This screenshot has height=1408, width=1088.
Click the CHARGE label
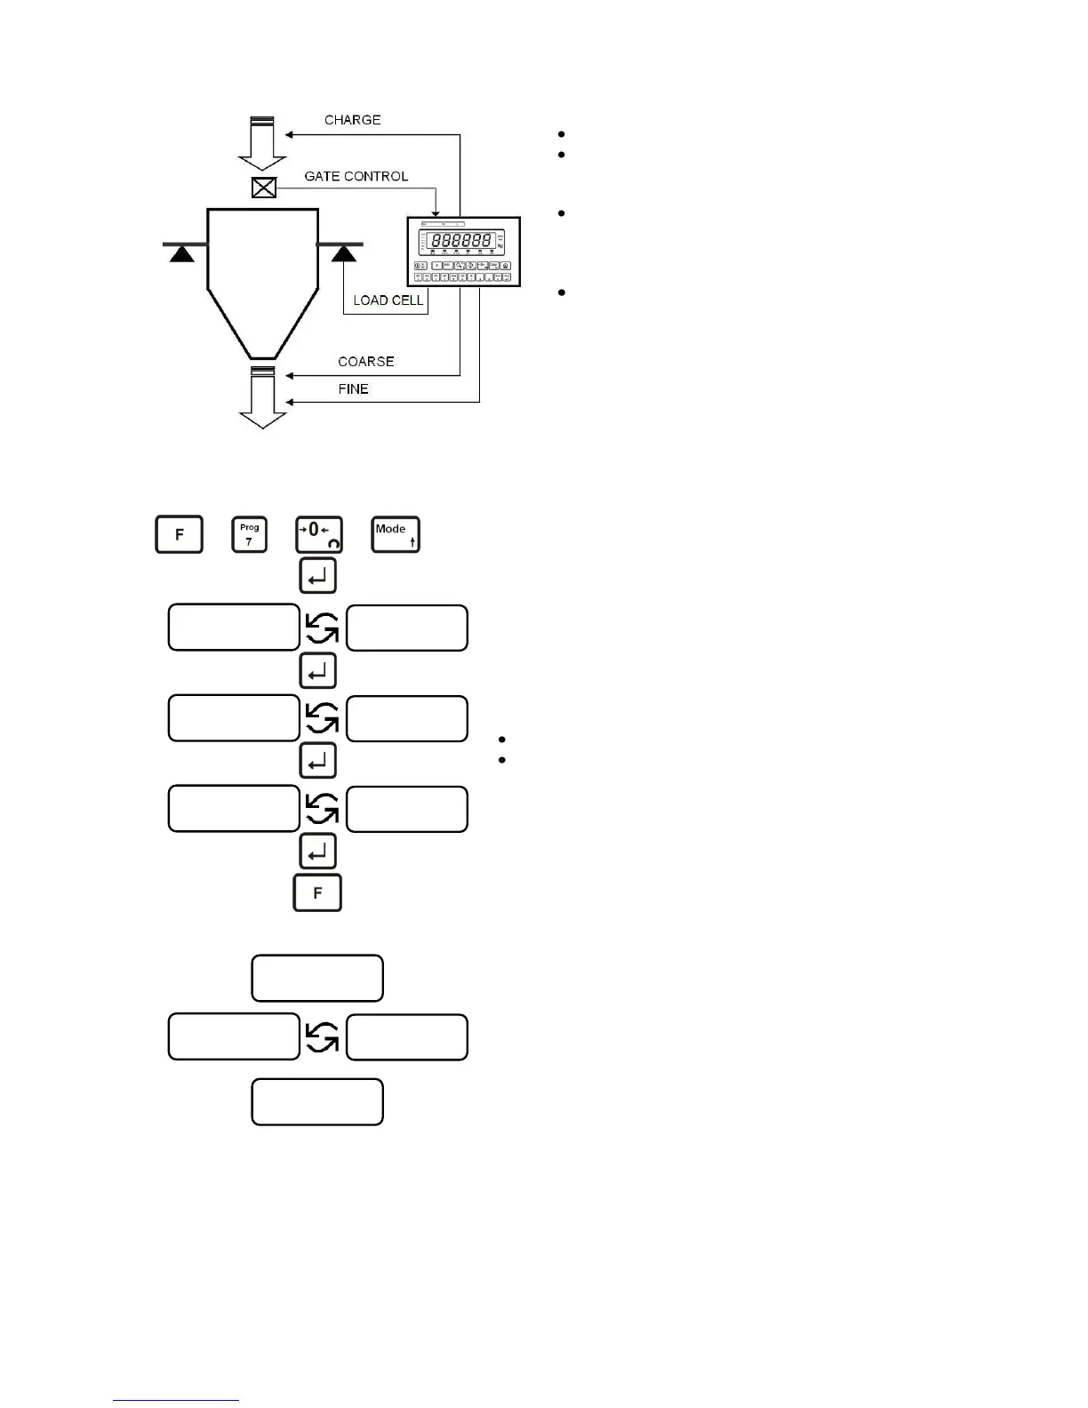[x=352, y=120]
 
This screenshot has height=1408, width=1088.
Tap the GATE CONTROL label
[x=356, y=176]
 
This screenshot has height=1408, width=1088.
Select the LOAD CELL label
[x=388, y=300]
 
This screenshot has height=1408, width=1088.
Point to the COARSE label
[x=365, y=362]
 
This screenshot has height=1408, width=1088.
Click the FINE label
[x=353, y=389]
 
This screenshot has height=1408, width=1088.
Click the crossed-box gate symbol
[x=264, y=188]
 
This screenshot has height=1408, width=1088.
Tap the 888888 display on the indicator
[x=461, y=240]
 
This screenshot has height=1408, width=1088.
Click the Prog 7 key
[x=249, y=534]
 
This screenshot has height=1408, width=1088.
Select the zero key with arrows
[x=318, y=534]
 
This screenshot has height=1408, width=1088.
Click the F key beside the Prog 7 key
[x=180, y=534]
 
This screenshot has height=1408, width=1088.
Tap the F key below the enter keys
[x=317, y=892]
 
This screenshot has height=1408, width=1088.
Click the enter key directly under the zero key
[x=317, y=577]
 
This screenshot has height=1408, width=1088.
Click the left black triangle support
[x=182, y=254]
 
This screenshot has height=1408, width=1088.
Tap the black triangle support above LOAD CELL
[x=343, y=254]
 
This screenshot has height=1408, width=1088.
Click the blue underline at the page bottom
[x=176, y=1401]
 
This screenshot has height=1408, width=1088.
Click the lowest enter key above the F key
[x=317, y=851]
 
